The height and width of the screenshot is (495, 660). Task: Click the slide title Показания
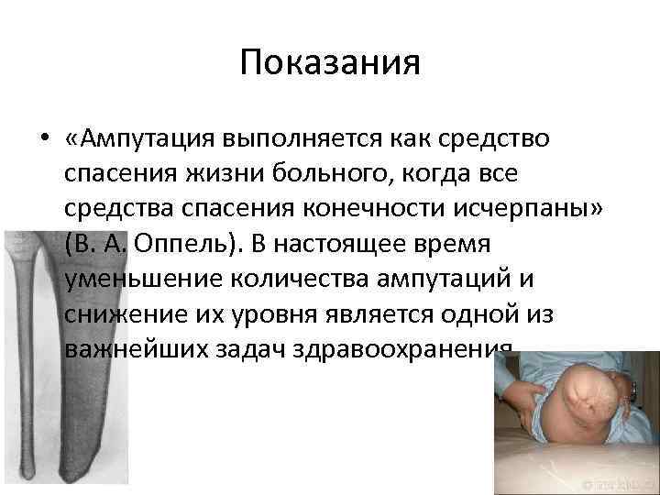coord(330,65)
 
